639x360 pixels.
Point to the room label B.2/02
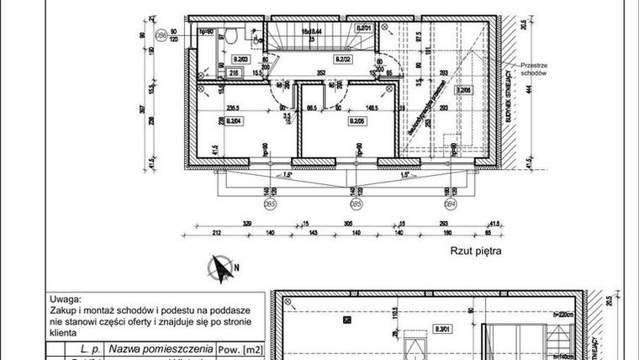343,60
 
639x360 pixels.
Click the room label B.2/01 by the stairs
363,29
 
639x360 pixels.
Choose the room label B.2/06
465,89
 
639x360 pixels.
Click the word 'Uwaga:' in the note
66,298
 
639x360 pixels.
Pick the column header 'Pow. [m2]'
239,347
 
